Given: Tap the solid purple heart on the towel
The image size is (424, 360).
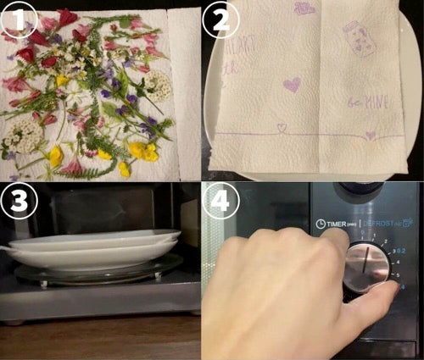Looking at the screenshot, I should click(291, 85).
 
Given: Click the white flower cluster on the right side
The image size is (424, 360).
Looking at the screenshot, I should click(158, 85).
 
